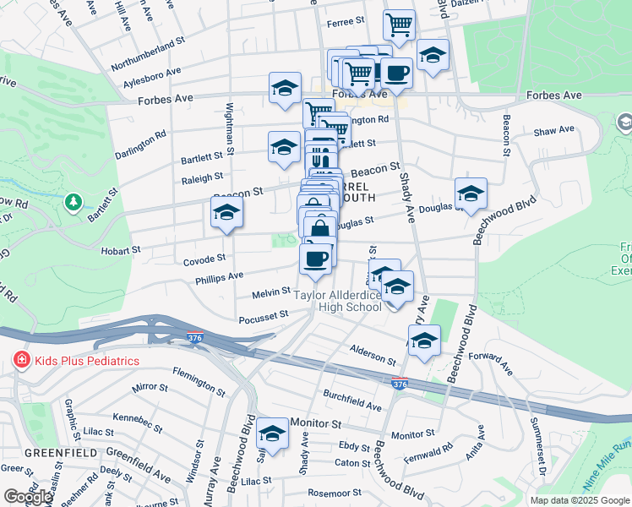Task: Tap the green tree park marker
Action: (74, 201)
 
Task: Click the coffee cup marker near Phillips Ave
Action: (316, 259)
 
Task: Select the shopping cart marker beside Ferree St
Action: (399, 25)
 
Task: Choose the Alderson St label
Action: (373, 354)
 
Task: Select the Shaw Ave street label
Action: (553, 130)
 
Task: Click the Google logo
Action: (26, 497)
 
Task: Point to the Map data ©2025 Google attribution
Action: (580, 500)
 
